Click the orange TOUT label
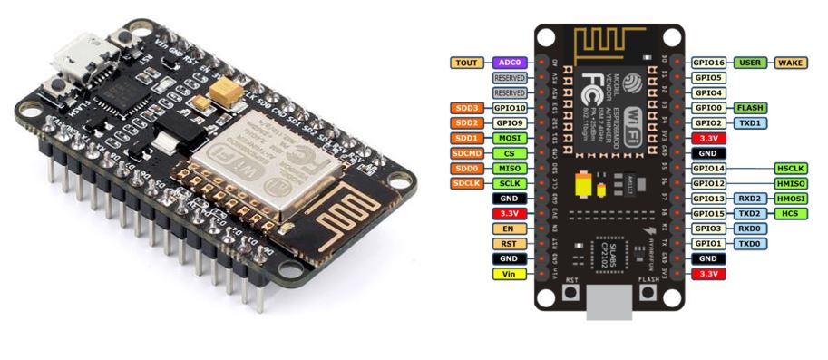[x=468, y=63]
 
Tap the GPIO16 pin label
[x=708, y=63]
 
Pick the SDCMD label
[x=468, y=153]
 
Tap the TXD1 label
[x=749, y=123]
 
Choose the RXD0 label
[x=749, y=229]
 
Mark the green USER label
[x=749, y=63]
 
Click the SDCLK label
[x=468, y=184]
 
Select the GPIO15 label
[x=708, y=214]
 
